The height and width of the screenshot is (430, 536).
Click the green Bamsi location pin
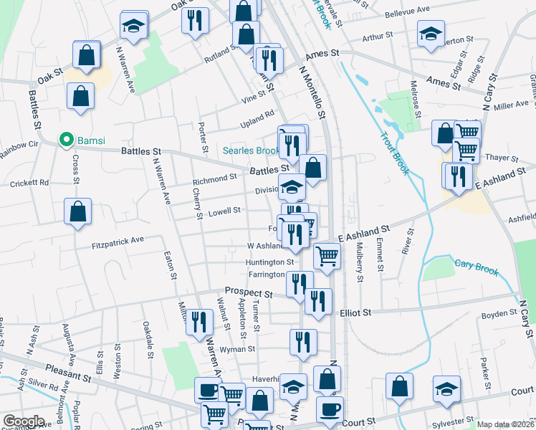tap(67, 139)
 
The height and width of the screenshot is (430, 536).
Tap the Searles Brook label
tap(250, 150)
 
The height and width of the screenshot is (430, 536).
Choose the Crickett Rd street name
tap(29, 183)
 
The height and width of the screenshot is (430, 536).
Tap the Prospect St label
tap(249, 293)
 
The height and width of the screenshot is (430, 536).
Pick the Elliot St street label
tap(356, 312)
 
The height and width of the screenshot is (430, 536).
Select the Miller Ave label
tap(511, 105)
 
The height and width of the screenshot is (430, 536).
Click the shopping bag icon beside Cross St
tap(78, 211)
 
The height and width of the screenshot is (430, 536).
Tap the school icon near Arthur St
tap(431, 34)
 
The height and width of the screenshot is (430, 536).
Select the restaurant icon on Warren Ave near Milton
tap(199, 321)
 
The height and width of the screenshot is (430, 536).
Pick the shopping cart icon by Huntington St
tap(327, 254)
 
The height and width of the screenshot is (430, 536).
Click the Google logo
tap(24, 421)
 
